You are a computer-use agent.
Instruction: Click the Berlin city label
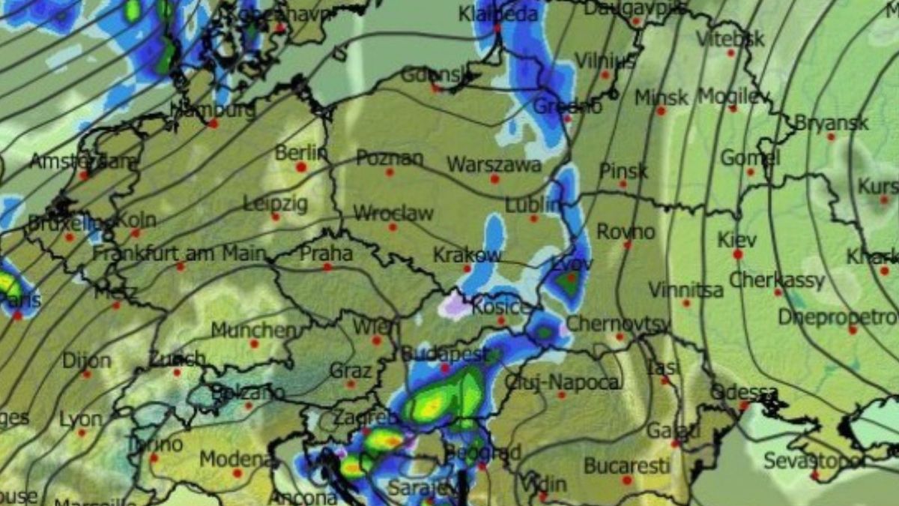[301, 153]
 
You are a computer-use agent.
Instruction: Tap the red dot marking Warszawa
[494, 179]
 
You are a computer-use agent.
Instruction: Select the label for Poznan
[389, 158]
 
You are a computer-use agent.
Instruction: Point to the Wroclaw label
[393, 213]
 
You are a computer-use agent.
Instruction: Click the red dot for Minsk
[661, 111]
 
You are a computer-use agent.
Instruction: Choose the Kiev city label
[737, 240]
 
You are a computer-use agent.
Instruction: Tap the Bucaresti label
[626, 466]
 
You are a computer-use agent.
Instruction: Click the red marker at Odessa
[744, 406]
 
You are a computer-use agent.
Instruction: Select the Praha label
[326, 253]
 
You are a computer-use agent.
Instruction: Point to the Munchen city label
[253, 330]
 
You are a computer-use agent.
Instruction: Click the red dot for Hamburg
[213, 123]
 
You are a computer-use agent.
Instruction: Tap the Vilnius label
[605, 61]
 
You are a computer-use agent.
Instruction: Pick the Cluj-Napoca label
[562, 382]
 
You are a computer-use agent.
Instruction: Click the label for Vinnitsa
[685, 289]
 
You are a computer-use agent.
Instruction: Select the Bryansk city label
[831, 123]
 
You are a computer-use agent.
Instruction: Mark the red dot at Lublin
[533, 219]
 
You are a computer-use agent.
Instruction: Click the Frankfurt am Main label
[179, 253]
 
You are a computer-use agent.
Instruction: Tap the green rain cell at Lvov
[568, 283]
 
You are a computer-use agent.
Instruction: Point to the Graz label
[350, 371]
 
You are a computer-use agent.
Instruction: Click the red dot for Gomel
[750, 172]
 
